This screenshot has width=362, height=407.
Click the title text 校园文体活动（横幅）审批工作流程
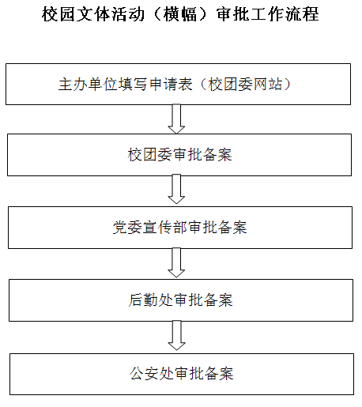click(x=180, y=14)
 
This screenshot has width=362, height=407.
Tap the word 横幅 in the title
click(x=180, y=14)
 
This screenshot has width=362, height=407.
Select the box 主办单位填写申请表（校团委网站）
click(x=178, y=84)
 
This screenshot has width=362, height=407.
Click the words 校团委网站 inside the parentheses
click(x=245, y=85)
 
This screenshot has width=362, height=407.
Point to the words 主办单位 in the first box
click(x=88, y=85)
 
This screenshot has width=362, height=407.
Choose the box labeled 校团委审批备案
click(x=179, y=155)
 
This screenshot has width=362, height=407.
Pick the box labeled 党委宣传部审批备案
click(x=180, y=228)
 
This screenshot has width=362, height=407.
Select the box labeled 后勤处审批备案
click(x=181, y=300)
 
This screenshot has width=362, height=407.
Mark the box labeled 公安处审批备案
click(x=182, y=374)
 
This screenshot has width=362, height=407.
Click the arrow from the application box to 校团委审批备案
click(x=176, y=119)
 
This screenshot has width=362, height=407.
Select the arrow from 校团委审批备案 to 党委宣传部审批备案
click(x=176, y=189)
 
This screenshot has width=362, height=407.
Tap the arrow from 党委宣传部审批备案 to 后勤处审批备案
click(x=176, y=262)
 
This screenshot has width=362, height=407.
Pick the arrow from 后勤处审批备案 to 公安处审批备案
click(x=176, y=335)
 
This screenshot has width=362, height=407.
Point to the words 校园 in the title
click(x=58, y=14)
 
